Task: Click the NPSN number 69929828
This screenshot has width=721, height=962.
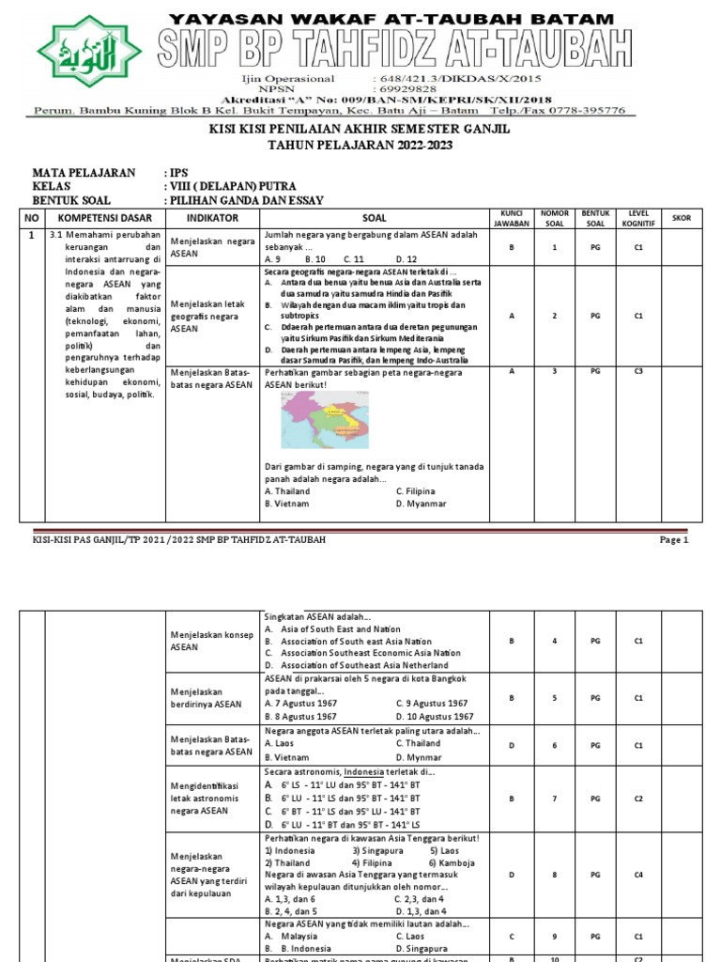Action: pos(402,87)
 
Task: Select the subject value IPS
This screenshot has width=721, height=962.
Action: pos(177,174)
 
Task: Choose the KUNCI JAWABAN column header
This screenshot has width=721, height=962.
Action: pos(512,217)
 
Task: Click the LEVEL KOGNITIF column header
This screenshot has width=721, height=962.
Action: pos(637,217)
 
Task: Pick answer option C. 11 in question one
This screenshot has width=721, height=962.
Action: pos(353,258)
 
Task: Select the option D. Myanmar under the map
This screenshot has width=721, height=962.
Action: pos(421,504)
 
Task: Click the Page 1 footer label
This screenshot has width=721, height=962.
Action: pos(674,540)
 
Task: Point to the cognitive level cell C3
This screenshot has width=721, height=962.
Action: pos(637,371)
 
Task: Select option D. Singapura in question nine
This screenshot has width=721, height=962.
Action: pos(427,949)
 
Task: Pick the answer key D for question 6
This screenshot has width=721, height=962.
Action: pos(512,745)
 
